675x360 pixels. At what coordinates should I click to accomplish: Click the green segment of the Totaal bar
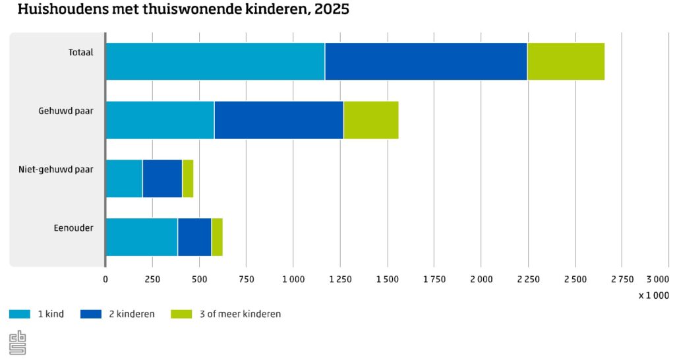[566, 61]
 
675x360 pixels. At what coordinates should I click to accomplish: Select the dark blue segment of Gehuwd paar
[279, 120]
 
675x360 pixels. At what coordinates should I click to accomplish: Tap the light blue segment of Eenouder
[142, 237]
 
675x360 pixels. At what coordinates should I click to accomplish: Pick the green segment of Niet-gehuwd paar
[188, 179]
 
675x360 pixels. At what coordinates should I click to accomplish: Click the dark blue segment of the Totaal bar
[426, 61]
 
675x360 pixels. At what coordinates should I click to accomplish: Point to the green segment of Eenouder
[218, 237]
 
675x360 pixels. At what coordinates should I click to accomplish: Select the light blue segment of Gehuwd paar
[160, 120]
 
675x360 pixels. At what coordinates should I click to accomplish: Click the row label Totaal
[81, 53]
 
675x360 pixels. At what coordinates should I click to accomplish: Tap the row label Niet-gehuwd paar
[56, 169]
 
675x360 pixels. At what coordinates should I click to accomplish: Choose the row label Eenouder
[74, 228]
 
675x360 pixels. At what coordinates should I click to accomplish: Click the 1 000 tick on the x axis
[293, 280]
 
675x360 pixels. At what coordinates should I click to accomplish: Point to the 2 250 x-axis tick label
[528, 280]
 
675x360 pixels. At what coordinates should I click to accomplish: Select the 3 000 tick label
[658, 280]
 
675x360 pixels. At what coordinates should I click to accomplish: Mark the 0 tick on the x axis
[105, 280]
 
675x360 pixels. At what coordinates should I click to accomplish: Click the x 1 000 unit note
[654, 295]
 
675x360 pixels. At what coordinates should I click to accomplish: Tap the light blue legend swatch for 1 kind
[20, 315]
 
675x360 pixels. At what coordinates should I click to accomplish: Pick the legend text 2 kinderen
[132, 315]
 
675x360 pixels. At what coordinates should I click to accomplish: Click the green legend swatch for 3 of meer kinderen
[182, 315]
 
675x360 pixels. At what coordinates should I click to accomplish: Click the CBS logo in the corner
[18, 343]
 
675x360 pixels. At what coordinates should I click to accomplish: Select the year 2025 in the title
[332, 9]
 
